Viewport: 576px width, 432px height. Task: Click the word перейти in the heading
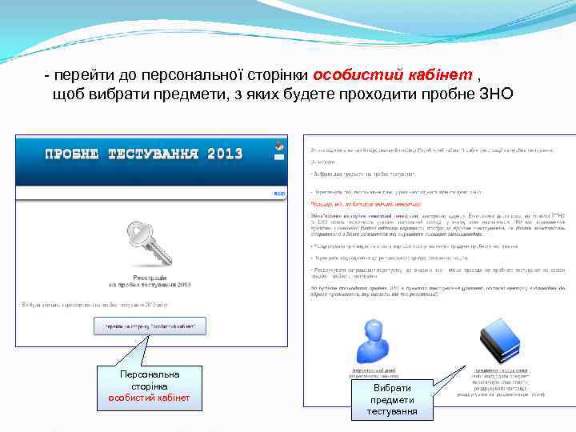point(81,75)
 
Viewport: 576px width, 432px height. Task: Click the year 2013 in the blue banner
point(224,154)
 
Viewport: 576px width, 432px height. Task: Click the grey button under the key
point(150,326)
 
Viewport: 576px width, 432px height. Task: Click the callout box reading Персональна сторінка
point(150,386)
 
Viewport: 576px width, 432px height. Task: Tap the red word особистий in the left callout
point(130,398)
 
